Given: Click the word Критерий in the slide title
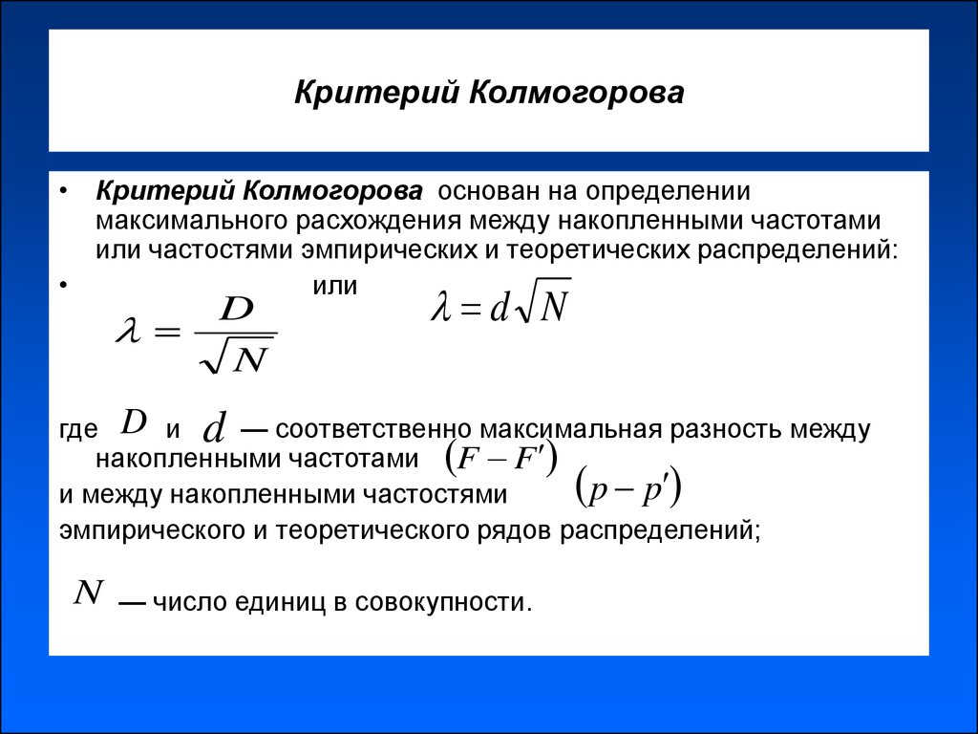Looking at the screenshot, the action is [x=374, y=93].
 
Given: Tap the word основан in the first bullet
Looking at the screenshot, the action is [x=490, y=191].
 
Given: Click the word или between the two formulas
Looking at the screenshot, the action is [x=334, y=286].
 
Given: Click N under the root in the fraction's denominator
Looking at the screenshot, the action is [x=250, y=358].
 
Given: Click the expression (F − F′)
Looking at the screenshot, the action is [x=500, y=460].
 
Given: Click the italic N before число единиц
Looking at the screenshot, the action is [x=88, y=592].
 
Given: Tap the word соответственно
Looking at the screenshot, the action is [x=373, y=430].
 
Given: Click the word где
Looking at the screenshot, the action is [x=78, y=430].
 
